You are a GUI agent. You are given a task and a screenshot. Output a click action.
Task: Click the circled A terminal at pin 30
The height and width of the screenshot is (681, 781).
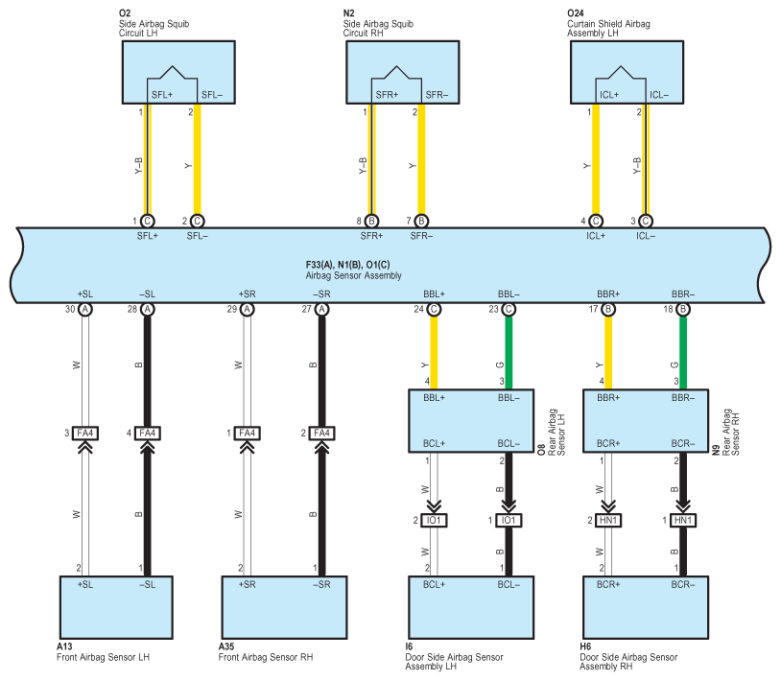click(85, 309)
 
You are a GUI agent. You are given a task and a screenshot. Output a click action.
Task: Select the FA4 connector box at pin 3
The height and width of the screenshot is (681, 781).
click(85, 434)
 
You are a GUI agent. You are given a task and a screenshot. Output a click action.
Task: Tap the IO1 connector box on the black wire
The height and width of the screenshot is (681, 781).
click(509, 520)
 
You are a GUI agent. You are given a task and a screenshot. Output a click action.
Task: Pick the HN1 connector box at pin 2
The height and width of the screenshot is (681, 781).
click(608, 520)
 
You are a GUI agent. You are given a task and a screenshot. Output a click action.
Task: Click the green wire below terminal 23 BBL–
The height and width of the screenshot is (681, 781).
click(509, 352)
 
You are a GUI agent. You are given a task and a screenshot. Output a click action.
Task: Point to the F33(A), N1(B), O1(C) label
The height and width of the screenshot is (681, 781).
click(347, 265)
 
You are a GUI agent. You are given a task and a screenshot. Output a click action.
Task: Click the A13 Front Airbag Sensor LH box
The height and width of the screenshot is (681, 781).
click(116, 607)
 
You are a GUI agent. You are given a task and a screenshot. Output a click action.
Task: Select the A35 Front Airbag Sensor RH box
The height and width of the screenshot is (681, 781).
click(284, 607)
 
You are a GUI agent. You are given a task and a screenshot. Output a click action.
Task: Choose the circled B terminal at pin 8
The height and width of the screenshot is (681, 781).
click(371, 221)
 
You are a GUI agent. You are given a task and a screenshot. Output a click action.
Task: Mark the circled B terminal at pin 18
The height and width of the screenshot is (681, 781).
click(683, 309)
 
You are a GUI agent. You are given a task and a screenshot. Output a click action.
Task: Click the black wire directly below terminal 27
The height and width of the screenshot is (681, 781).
click(321, 371)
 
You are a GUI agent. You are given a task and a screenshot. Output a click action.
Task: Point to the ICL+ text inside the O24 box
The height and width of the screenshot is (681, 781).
click(608, 95)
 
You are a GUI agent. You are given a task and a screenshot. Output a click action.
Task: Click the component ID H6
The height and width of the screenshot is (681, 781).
click(585, 646)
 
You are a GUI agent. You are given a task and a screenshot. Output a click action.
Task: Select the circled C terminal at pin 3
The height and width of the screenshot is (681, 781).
click(646, 221)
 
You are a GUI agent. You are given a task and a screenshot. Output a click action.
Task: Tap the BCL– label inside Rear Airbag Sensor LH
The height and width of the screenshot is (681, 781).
click(509, 443)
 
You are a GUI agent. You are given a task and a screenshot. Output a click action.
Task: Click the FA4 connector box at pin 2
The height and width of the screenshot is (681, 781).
click(321, 434)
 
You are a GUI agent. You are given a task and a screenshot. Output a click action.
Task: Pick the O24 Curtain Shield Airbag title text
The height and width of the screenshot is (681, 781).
click(608, 23)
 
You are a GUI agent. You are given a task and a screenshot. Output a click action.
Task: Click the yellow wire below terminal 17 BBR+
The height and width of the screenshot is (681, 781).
click(608, 352)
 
